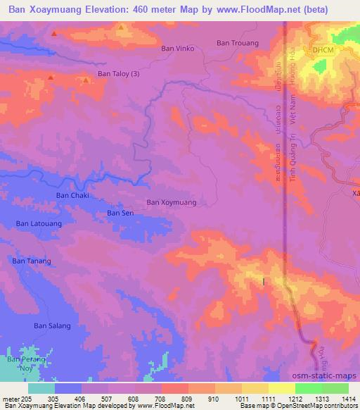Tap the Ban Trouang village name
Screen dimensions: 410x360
point(238,43)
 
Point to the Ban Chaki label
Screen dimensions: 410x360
point(72,195)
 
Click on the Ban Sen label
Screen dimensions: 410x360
point(120,212)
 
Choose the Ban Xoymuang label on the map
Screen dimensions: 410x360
point(171,202)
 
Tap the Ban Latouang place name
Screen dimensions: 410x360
point(39,223)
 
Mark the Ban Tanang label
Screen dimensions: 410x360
point(32,261)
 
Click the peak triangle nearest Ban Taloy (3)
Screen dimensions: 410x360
point(86,80)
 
